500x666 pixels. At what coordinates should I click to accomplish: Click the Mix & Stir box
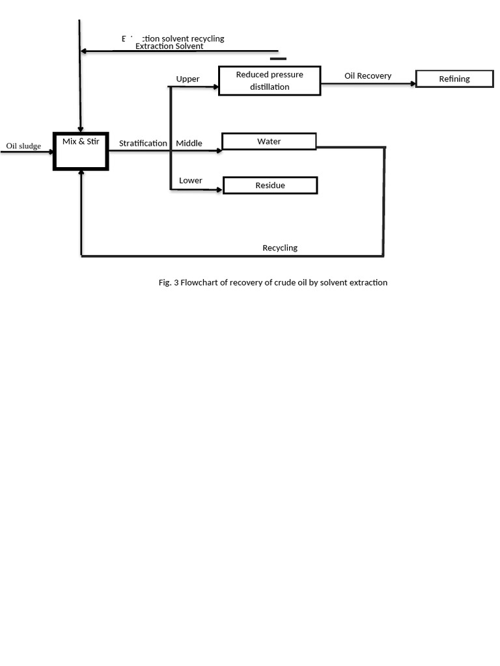coord(81,151)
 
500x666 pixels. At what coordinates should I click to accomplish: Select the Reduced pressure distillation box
coord(270,81)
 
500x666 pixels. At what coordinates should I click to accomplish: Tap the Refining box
coord(454,79)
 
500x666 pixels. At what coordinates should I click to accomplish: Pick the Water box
coord(269,141)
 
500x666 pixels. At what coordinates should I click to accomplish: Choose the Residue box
coord(270,185)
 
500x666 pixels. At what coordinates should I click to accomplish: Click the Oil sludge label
coord(23,146)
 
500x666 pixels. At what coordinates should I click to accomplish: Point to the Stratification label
coord(143,143)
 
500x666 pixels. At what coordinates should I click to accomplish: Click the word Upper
coord(187,79)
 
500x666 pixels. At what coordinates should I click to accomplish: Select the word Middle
coord(189,143)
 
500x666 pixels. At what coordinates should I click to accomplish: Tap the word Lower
coord(190,180)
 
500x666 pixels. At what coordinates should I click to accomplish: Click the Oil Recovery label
coord(368,76)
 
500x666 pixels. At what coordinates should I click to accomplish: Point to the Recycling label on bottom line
coord(280,248)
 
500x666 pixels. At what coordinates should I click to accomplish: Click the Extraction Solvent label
coord(169,46)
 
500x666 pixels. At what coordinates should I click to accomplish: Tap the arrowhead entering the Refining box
coord(413,83)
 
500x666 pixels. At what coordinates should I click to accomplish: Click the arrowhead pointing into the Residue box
coord(219,190)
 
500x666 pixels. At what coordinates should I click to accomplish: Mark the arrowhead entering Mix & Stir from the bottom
coord(81,174)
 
